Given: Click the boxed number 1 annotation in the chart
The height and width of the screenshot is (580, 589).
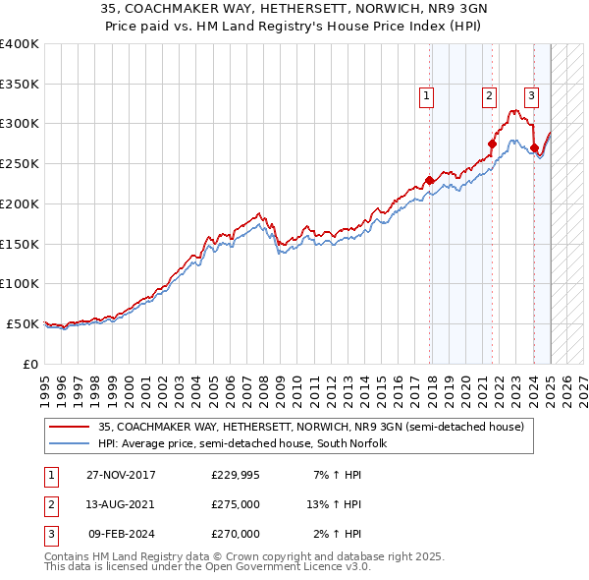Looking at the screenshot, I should [427, 96].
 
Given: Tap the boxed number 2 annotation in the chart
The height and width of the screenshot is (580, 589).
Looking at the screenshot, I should [489, 96].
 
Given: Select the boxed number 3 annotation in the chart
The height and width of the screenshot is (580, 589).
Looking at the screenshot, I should [531, 96].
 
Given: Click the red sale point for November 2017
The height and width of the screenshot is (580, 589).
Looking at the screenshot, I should [429, 180].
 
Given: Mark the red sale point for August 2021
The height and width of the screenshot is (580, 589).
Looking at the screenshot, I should [492, 144].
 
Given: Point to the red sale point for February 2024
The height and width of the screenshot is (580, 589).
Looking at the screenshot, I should [534, 148].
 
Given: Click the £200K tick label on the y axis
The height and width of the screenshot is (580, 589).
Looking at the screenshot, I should [19, 203].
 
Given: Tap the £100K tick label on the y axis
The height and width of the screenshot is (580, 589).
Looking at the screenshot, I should [19, 283].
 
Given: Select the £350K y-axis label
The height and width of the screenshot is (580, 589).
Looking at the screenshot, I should [19, 84].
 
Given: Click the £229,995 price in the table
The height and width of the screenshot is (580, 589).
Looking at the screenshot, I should [235, 475].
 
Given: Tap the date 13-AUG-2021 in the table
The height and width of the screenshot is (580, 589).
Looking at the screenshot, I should [121, 504].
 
